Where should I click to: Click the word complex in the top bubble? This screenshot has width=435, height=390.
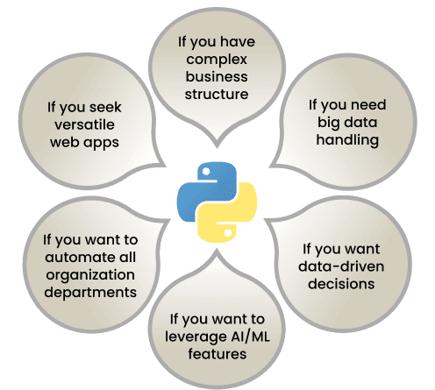[x=217, y=60]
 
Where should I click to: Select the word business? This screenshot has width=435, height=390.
[x=217, y=76]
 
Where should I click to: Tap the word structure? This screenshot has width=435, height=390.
[x=217, y=94]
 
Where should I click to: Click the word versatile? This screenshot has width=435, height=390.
[x=84, y=124]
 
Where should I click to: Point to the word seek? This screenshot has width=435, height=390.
[x=105, y=107]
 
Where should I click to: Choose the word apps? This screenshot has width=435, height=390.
[x=102, y=144]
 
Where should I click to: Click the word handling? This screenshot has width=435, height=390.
[x=347, y=140]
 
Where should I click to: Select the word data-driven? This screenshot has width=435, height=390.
[x=341, y=266]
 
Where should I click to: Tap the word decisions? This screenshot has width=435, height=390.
[x=341, y=284]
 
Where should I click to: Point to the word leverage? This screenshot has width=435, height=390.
[x=196, y=337]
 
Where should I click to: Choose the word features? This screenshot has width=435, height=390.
[x=217, y=354]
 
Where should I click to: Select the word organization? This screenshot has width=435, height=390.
[x=90, y=275]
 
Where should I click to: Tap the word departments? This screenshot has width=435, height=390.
[x=90, y=293]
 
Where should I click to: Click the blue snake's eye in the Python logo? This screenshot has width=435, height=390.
[x=206, y=172]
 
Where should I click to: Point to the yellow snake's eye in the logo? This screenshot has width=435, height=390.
[x=228, y=233]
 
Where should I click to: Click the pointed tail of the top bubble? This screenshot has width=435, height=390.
[x=217, y=147]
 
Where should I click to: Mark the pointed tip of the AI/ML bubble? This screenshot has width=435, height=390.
[x=217, y=250]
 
